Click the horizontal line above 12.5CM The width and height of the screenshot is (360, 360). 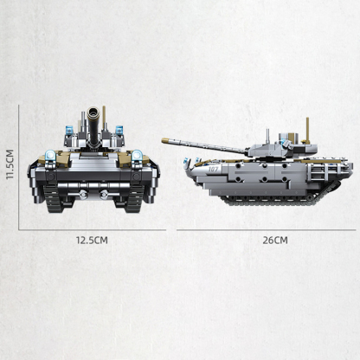coord(91,229)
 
